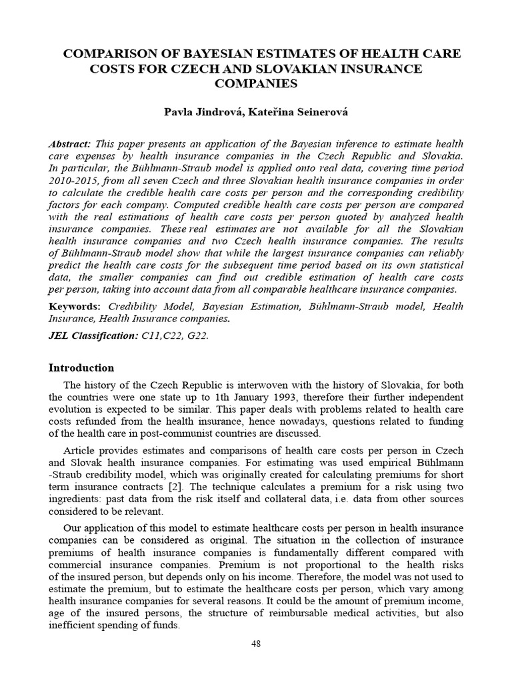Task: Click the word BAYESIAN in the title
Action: (202, 54)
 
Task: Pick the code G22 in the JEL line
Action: (197, 336)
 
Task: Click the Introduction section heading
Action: (82, 368)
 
